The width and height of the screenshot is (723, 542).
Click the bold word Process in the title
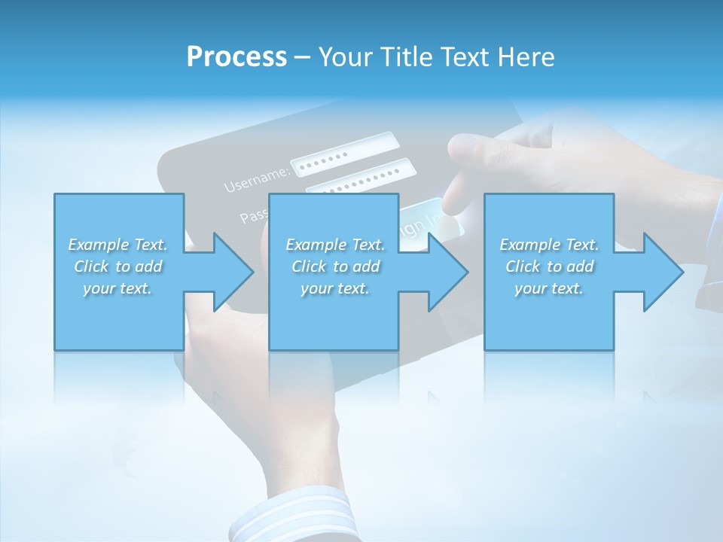236,57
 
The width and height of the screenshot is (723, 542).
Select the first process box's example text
117,266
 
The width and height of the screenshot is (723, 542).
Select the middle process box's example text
334,266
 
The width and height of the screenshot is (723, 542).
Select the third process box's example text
549,266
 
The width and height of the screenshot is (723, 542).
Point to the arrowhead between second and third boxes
447,272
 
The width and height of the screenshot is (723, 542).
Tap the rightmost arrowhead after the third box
662,272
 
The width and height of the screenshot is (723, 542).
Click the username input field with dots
343,154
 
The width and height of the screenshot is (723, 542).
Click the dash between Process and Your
302,57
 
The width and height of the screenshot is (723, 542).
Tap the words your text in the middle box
334,288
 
